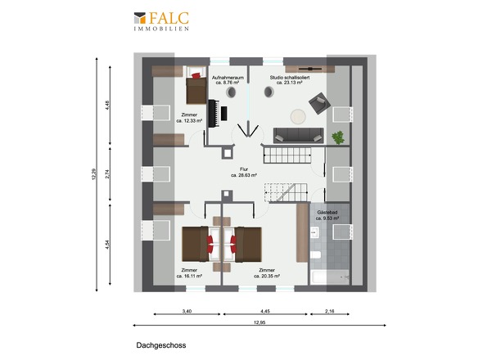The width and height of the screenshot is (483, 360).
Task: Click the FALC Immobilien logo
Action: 161,21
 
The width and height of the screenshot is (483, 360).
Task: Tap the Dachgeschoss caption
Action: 161,345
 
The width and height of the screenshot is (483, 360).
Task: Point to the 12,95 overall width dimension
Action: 260,322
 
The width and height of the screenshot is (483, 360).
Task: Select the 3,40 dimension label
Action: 187,312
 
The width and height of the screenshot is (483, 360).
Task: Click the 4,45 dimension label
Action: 265,312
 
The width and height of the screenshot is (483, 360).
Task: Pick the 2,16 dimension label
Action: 329,312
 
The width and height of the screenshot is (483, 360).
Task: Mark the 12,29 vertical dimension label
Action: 94,174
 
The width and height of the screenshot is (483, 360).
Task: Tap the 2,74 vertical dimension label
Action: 107,174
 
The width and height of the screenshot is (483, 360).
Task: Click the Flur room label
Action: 244,172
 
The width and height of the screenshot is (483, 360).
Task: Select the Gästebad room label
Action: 327,215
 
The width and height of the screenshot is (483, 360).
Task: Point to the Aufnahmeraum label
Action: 228,80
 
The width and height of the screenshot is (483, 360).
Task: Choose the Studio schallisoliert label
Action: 290,80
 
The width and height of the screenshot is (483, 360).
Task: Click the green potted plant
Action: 338,137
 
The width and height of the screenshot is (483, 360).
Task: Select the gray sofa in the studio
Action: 298,136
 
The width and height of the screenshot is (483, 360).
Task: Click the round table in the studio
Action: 298,117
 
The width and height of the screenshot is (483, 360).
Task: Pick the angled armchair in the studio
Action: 319,103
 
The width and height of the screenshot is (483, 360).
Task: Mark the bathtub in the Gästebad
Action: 330,278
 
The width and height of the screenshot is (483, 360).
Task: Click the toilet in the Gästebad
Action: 315,255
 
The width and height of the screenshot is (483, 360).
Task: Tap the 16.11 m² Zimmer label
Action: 189,273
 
